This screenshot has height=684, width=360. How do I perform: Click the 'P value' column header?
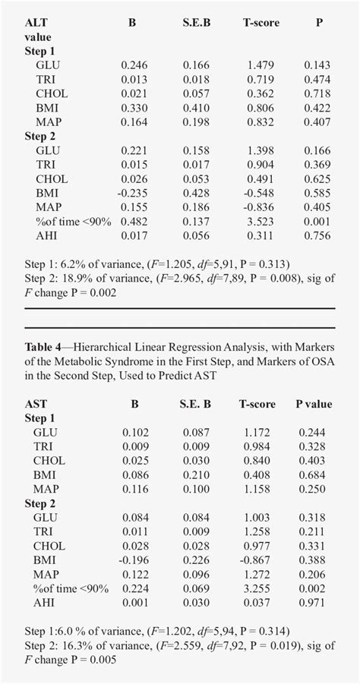point(314,404)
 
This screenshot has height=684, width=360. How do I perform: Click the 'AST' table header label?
point(35,404)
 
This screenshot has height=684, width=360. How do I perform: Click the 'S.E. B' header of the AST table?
point(196,404)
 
